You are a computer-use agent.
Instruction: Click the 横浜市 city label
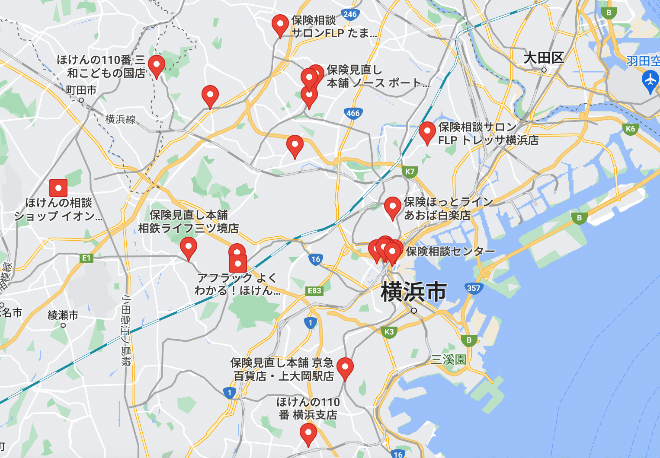pos(413,292)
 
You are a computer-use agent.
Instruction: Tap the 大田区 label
pos(544,58)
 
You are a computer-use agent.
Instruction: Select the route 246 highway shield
pos(349,14)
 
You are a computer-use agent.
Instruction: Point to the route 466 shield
pos(353,113)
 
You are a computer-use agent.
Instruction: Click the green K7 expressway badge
pos(410,172)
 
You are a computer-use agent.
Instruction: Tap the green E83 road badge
pos(314,291)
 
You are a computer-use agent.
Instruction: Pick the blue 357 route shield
pos(474,288)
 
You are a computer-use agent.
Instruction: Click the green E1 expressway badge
pos(87,258)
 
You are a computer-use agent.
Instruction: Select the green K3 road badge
pos(389,332)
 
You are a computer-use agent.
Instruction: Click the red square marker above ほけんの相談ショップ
pos(58,188)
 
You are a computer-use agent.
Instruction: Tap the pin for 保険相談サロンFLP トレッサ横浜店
pos(427,132)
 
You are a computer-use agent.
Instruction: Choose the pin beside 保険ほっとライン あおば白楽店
pos(392,207)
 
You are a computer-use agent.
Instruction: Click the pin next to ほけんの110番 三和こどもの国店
pos(156,66)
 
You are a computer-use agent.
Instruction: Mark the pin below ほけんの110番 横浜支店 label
pos(308,433)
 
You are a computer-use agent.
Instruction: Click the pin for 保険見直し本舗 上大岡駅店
pos(345,368)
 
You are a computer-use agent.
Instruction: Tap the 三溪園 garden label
pos(448,359)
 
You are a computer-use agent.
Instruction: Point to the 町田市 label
pos(81,90)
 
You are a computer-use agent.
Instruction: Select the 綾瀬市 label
pos(63,315)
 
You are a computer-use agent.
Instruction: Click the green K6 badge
pos(630,129)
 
